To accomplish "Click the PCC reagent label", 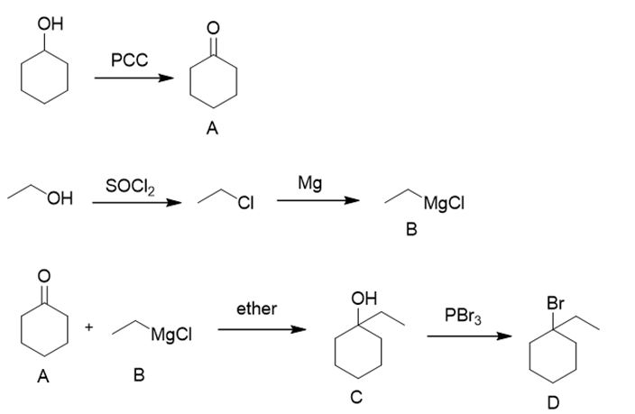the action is pyautogui.click(x=130, y=60).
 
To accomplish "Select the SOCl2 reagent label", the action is pyautogui.click(x=130, y=187).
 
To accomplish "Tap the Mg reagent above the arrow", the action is pyautogui.click(x=309, y=183).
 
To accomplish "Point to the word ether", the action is pyautogui.click(x=257, y=308).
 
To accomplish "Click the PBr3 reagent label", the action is pyautogui.click(x=464, y=316).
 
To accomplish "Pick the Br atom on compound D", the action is pyautogui.click(x=556, y=303).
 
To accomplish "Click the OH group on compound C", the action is pyautogui.click(x=364, y=299).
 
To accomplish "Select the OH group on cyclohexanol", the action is pyautogui.click(x=51, y=23).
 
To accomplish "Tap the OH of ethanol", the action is pyautogui.click(x=60, y=198).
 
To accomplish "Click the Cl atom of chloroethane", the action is pyautogui.click(x=246, y=203).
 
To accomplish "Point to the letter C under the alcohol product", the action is pyautogui.click(x=356, y=398).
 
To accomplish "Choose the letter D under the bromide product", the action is pyautogui.click(x=553, y=402).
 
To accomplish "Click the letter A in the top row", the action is pyautogui.click(x=212, y=128).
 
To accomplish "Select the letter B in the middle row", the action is pyautogui.click(x=411, y=230).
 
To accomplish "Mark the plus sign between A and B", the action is pyautogui.click(x=89, y=327).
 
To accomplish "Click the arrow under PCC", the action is pyautogui.click(x=134, y=78).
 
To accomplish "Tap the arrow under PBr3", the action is pyautogui.click(x=469, y=336).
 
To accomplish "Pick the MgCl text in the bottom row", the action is pyautogui.click(x=171, y=336).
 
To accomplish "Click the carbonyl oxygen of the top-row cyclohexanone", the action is pyautogui.click(x=213, y=28).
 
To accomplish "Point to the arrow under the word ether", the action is pyautogui.click(x=262, y=329).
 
